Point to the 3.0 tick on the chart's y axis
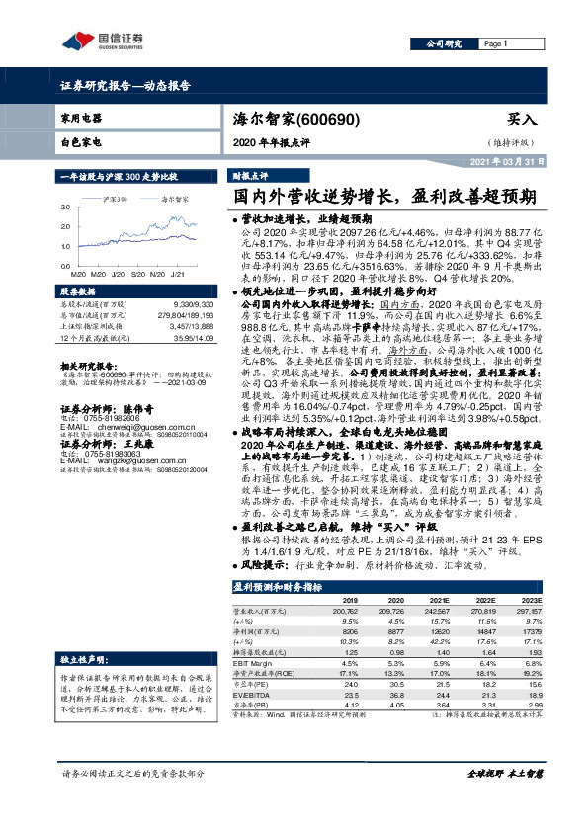pos(65,208)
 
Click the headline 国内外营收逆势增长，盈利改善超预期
pos(378,196)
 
